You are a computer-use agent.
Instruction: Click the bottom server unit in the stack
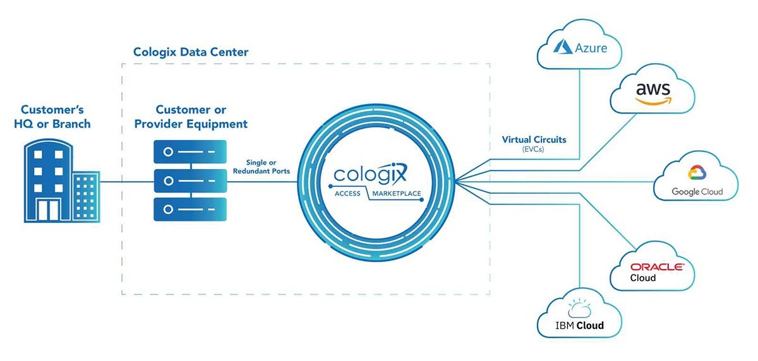[x=190, y=209]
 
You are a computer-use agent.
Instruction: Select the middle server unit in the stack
[x=190, y=180]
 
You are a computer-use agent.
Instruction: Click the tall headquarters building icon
[x=48, y=180]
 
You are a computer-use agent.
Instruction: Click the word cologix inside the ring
[x=370, y=173]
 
